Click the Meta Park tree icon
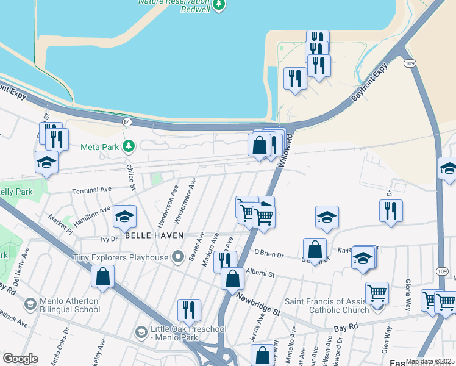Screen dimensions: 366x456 128,146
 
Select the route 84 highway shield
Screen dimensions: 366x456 127,122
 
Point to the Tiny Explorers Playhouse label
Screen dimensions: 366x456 120,257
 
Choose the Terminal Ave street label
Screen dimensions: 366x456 92,190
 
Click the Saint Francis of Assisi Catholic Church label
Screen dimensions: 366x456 327,306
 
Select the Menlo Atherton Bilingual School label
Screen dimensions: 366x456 69,305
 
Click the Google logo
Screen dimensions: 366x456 20,359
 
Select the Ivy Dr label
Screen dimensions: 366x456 109,239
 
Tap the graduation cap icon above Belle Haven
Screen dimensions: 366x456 124,217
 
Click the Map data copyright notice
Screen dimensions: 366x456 430,361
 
